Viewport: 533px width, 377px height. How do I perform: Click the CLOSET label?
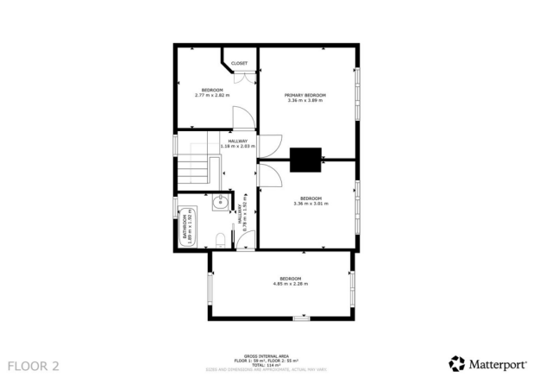(x=239, y=63)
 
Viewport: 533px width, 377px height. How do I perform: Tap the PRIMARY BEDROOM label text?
(x=305, y=94)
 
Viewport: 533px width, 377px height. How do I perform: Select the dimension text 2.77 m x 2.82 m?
(x=212, y=96)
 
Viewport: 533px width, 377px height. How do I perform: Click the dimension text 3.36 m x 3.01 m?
(x=308, y=204)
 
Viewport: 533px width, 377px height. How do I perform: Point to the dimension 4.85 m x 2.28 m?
(x=290, y=283)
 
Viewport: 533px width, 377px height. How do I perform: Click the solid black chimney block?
(x=305, y=160)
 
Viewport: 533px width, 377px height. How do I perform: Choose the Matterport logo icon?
(x=456, y=363)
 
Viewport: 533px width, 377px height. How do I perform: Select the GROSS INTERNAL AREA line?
(x=266, y=355)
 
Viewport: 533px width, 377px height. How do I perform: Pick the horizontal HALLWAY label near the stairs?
(x=238, y=141)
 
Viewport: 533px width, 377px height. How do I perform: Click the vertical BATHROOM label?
(x=184, y=223)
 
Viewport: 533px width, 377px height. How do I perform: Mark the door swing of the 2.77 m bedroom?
(x=246, y=116)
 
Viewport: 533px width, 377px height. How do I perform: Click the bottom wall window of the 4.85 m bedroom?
(x=300, y=318)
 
